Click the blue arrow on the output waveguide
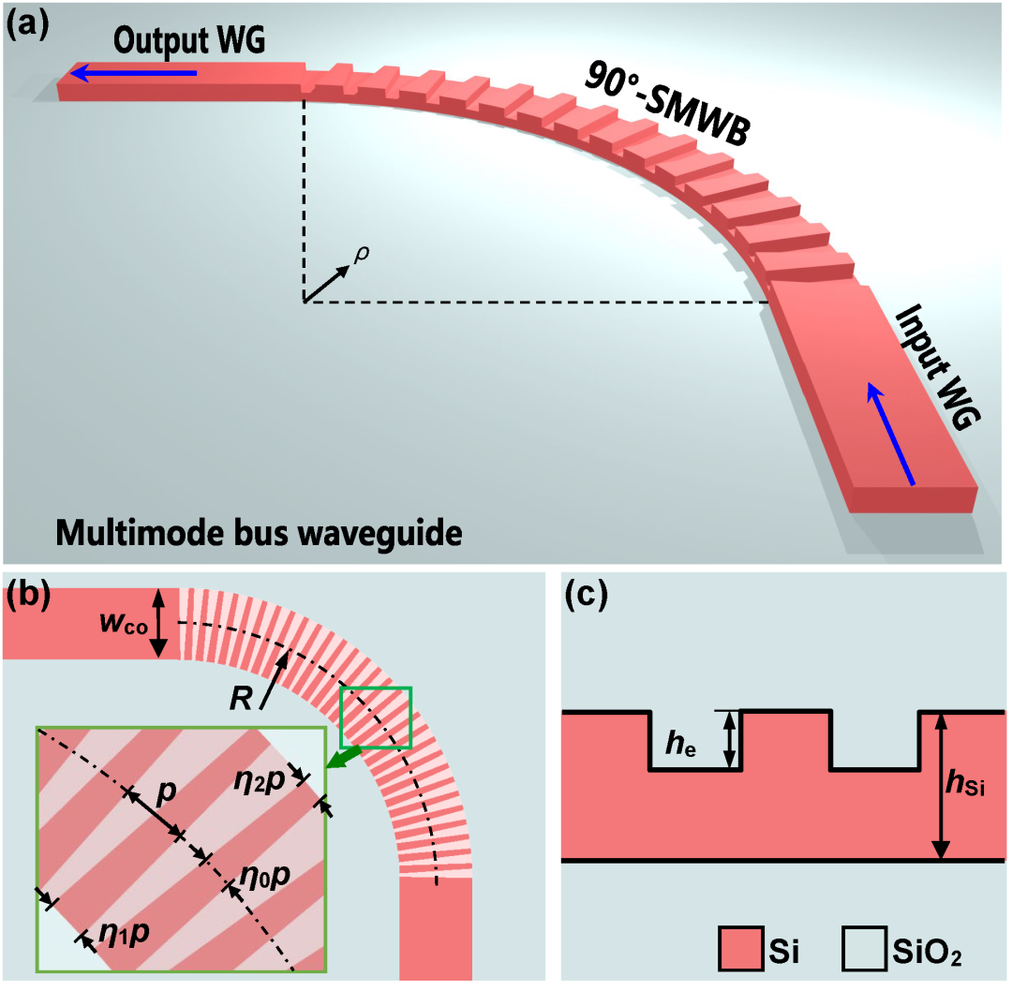[135, 72]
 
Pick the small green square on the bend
[375, 717]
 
